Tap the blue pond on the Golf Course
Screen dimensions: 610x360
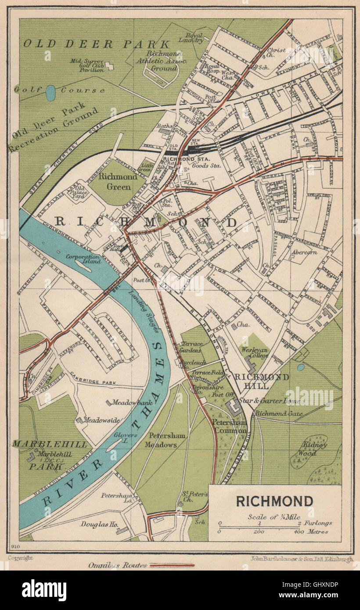click(x=50, y=93)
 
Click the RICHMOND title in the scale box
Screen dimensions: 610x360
click(x=274, y=501)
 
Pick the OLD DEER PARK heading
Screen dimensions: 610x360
click(x=96, y=44)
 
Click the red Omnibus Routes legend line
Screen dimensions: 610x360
click(x=172, y=566)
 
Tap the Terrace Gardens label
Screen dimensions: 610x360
click(x=191, y=347)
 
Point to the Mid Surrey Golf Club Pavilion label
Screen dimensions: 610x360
click(x=86, y=64)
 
